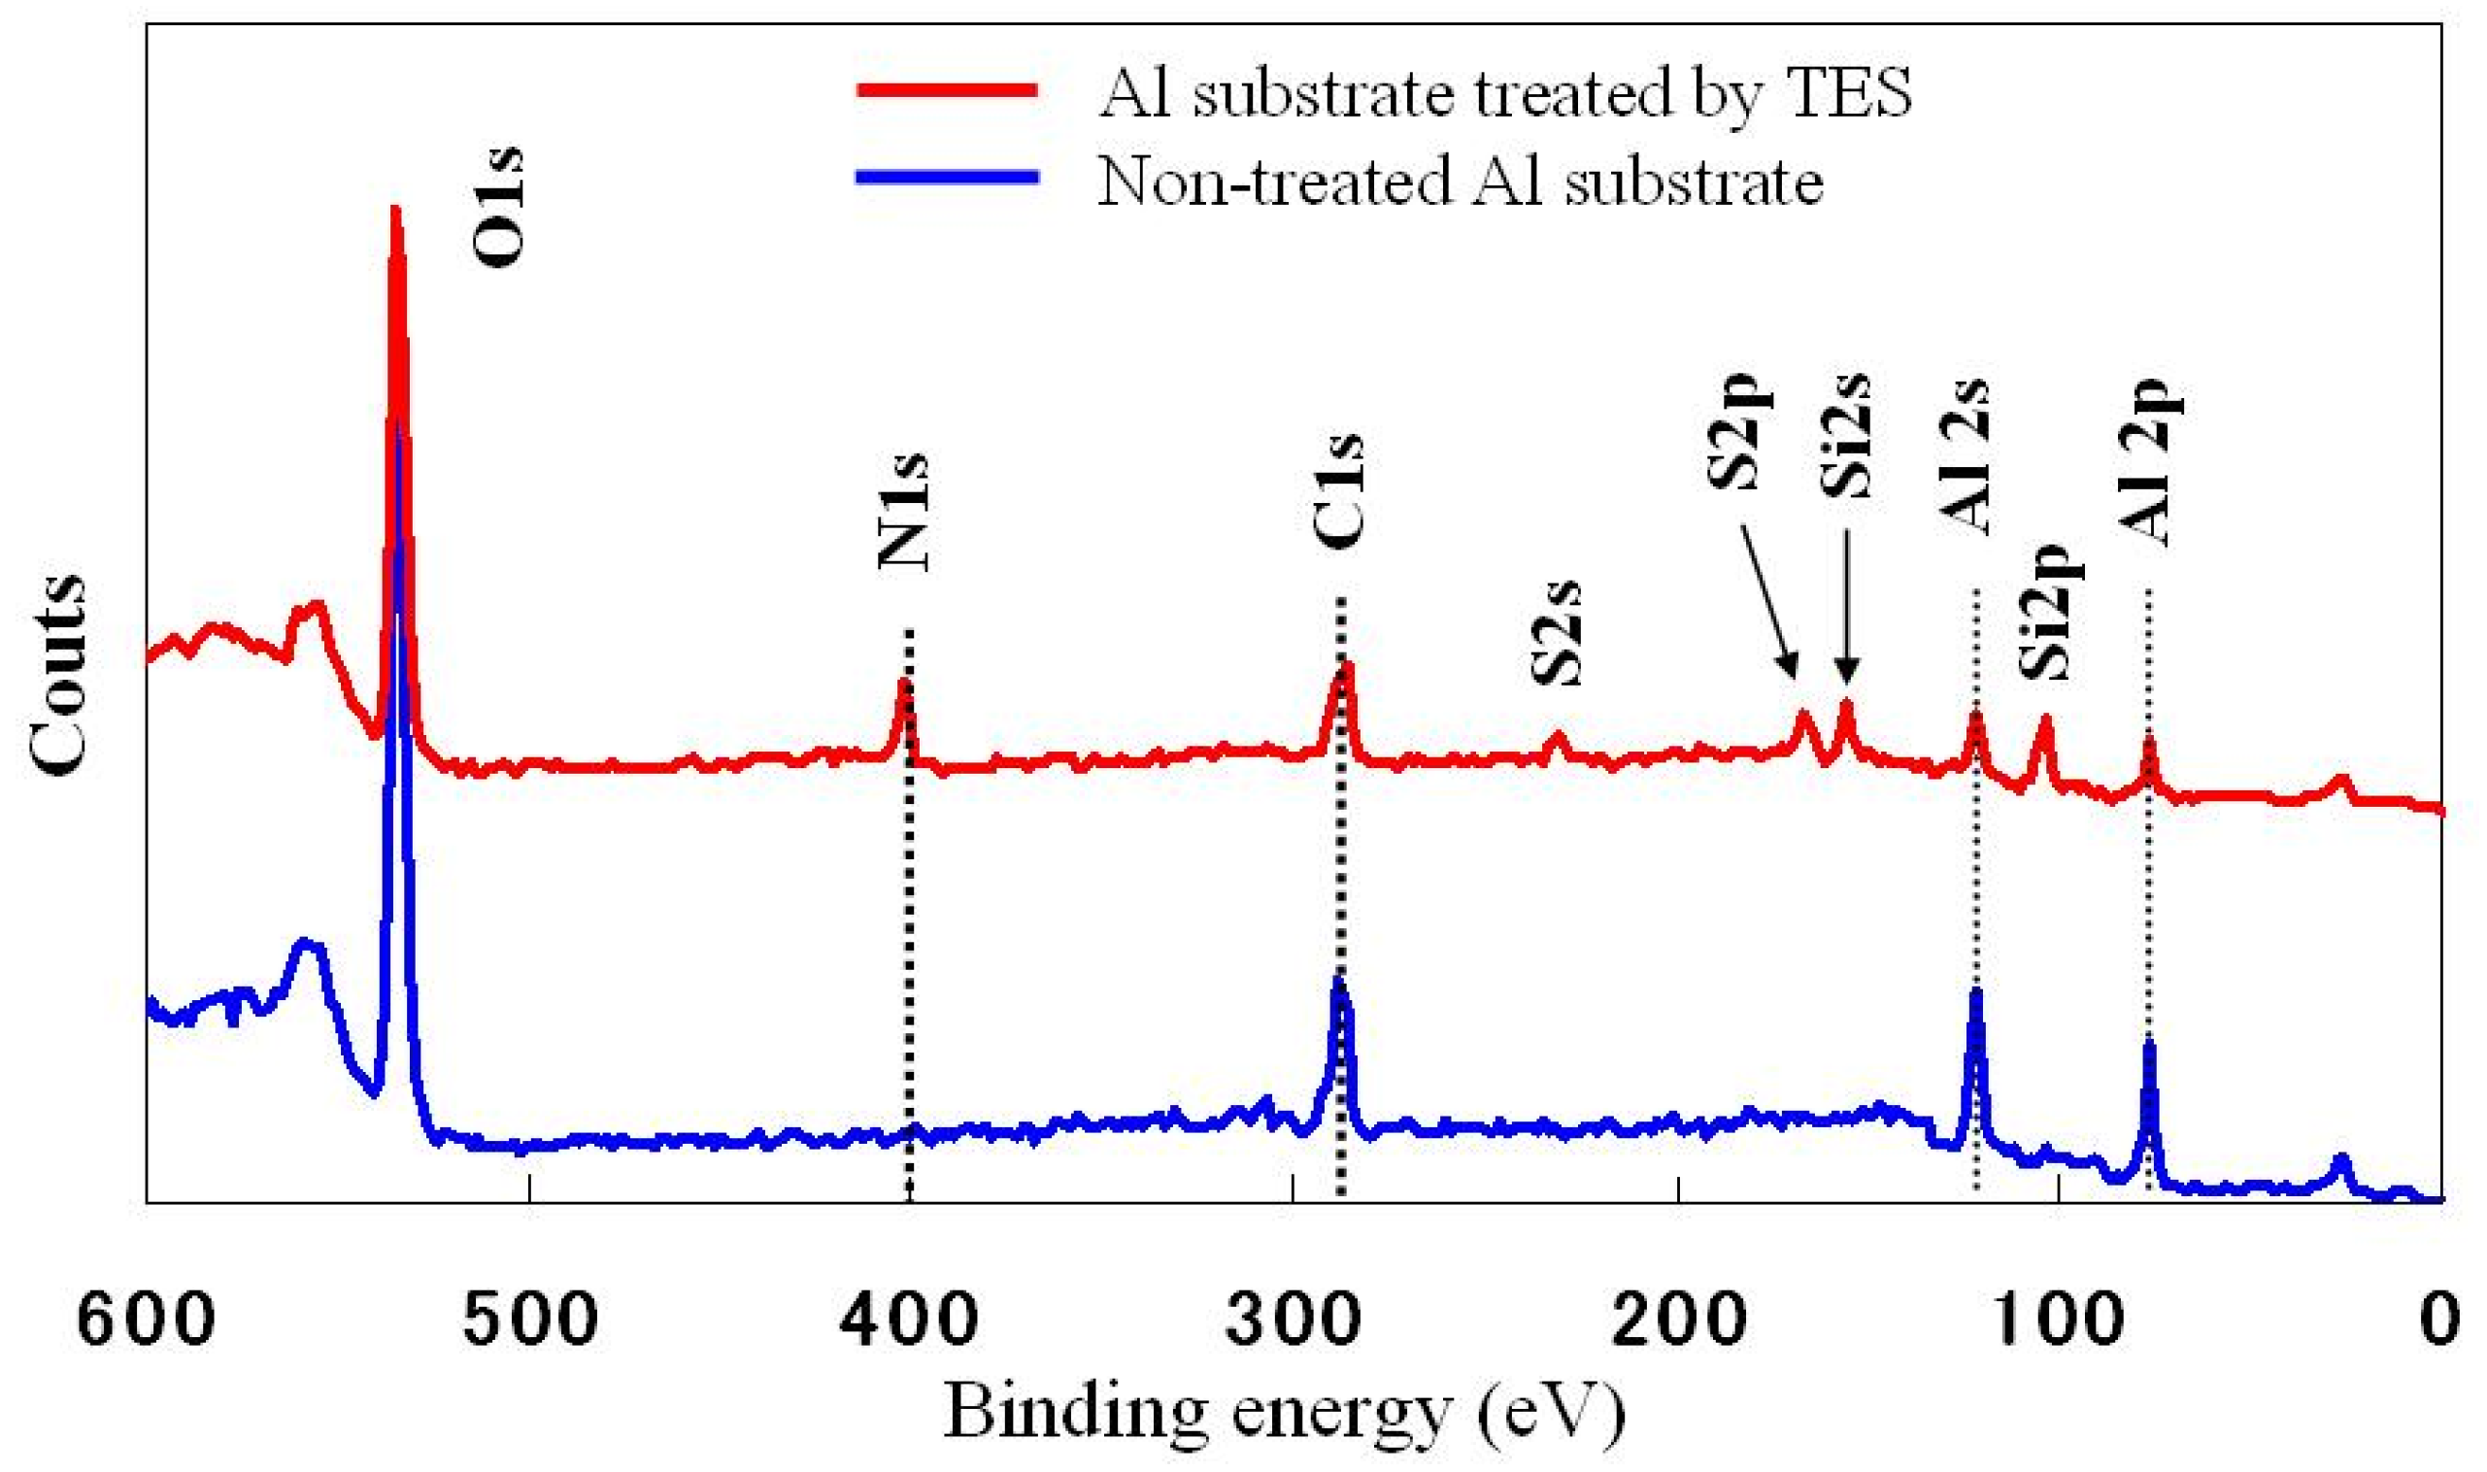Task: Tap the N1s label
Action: point(905,512)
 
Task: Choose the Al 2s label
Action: point(1965,457)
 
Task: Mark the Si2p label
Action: point(2051,610)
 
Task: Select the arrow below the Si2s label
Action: point(1846,607)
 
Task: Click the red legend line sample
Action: point(948,90)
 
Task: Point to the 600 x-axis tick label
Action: point(147,1321)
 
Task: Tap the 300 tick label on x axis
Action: point(1293,1321)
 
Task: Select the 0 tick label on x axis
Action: point(2437,1321)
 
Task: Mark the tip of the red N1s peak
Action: point(904,682)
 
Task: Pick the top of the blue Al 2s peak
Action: point(1975,991)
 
